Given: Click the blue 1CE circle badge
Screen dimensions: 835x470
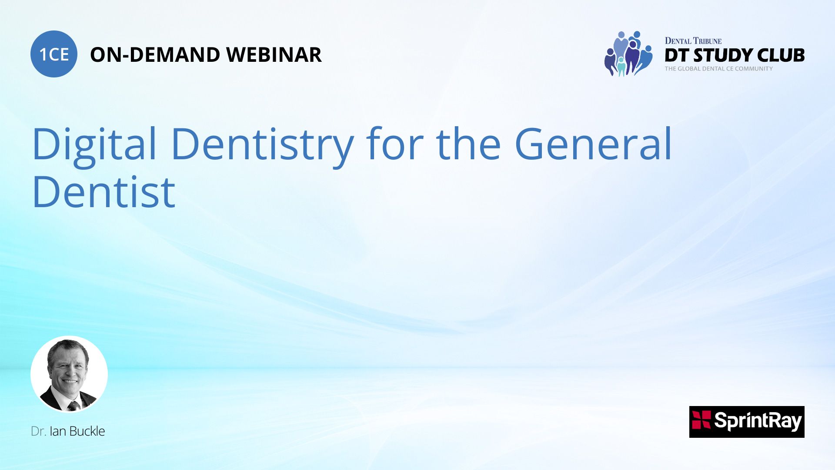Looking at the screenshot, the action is click(54, 54).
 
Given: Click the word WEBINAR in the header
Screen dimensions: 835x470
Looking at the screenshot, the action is click(274, 55).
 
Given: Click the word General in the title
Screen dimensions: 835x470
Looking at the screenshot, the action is click(593, 144).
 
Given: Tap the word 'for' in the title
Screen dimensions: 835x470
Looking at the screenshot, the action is click(394, 144).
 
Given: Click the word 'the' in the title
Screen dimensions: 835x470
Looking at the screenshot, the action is click(468, 144).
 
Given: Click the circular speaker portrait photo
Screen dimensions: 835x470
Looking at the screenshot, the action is click(69, 374).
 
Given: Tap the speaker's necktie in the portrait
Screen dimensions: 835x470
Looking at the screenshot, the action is click(73, 406).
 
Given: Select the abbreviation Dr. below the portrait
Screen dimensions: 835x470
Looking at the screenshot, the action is click(38, 431).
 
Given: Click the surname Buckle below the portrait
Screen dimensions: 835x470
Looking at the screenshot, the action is click(87, 431).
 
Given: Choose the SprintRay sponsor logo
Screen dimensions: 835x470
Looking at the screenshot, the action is click(747, 422).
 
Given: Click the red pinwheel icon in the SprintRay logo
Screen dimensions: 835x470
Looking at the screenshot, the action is click(701, 420).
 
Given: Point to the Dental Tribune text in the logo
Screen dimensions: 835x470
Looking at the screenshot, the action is click(693, 41).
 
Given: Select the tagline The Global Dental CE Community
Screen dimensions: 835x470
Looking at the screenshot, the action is click(719, 69).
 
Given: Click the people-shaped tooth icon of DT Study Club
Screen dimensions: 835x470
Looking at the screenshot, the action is click(628, 54).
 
